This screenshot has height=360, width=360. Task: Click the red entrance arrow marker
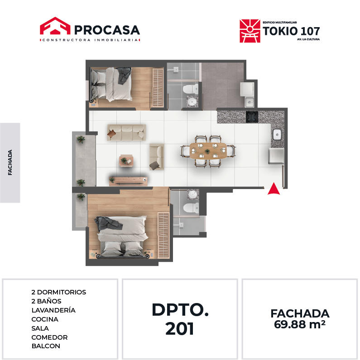[x=274, y=189]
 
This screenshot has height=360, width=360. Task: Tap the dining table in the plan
[x=208, y=151]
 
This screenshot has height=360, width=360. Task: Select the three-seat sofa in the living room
[x=126, y=133]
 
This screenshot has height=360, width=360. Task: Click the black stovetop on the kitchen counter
[x=252, y=117]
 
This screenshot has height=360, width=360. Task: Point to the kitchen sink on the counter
[x=277, y=134]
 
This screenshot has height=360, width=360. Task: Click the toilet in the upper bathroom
[x=191, y=89]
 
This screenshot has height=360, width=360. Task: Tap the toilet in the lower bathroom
[x=191, y=208]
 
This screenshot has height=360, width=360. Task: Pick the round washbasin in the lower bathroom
[x=192, y=195]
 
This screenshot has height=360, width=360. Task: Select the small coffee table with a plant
[x=126, y=161]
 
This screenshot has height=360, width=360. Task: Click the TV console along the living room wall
[x=128, y=181]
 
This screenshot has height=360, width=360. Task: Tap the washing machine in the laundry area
[x=247, y=89]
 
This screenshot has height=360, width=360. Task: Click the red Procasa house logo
[x=55, y=26]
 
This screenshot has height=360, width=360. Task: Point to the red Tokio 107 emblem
[x=250, y=31]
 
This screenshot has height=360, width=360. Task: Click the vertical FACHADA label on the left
[x=10, y=162]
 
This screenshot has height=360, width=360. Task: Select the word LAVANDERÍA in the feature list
[x=53, y=310]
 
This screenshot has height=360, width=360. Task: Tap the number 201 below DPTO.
[x=179, y=328]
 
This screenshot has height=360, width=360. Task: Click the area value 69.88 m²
[x=300, y=324]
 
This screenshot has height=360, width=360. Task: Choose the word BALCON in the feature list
[x=46, y=346]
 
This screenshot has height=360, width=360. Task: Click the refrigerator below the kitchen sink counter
[x=276, y=156]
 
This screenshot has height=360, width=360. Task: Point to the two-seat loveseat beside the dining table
[x=157, y=157]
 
